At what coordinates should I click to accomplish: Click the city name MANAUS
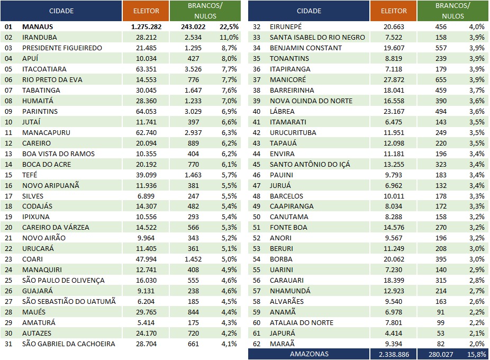click(x=38, y=27)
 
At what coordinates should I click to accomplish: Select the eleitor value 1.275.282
click(x=146, y=27)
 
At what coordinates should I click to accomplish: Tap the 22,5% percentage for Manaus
click(x=229, y=27)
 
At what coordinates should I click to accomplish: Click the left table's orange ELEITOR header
click(x=146, y=11)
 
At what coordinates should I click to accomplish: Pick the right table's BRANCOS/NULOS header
click(x=453, y=11)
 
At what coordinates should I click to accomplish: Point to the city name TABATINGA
click(x=41, y=91)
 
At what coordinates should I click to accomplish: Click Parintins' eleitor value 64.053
click(x=146, y=112)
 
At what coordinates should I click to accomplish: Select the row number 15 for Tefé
click(x=8, y=175)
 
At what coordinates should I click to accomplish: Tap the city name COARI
click(x=32, y=259)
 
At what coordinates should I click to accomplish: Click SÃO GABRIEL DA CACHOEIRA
click(x=68, y=344)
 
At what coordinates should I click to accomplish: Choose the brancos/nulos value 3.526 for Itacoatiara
click(x=193, y=69)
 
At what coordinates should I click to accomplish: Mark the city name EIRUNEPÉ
click(x=286, y=27)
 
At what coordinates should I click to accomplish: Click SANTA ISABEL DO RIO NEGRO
click(x=317, y=38)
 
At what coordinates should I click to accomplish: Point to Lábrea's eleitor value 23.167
click(x=394, y=112)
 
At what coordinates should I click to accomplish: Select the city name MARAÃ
click(x=282, y=344)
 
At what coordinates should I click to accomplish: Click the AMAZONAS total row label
click(x=309, y=354)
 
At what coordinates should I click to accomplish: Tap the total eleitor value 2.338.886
click(x=394, y=354)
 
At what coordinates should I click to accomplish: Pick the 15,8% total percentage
click(x=477, y=354)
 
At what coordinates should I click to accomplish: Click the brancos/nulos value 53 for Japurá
click(x=441, y=334)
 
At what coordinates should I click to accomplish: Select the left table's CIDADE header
click(x=61, y=11)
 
